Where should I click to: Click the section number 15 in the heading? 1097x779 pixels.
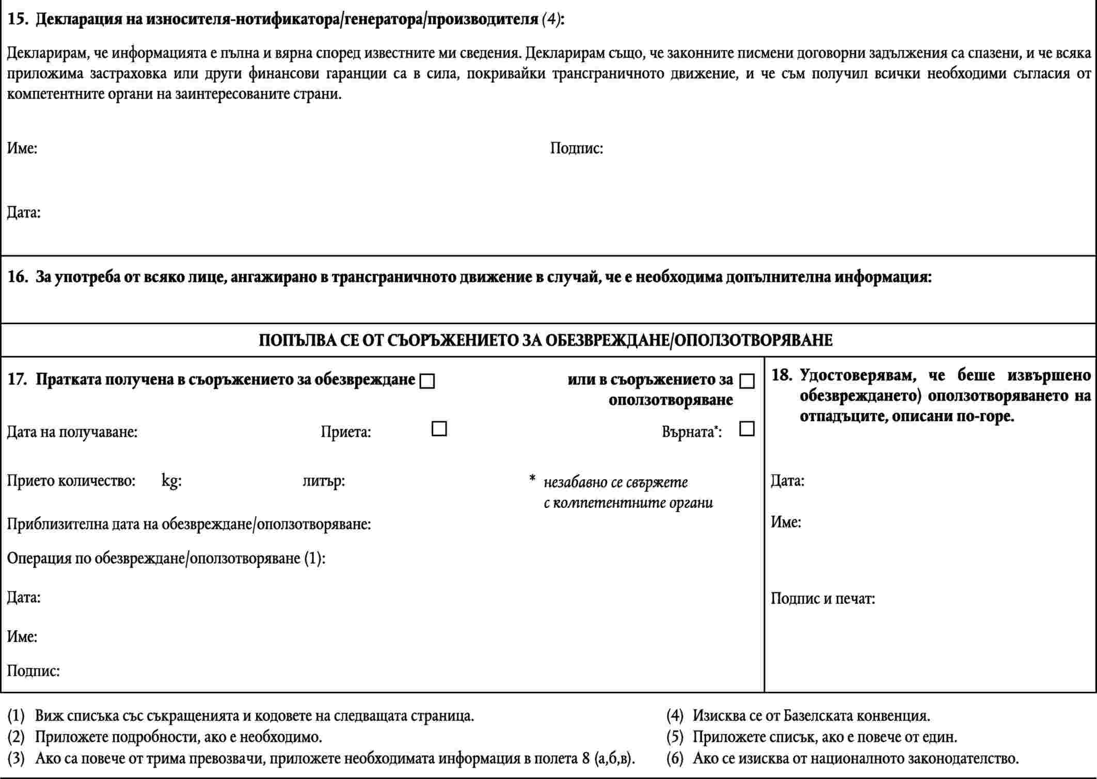(17, 20)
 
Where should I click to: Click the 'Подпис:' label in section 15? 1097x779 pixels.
(576, 149)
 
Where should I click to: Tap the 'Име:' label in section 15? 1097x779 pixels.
(22, 149)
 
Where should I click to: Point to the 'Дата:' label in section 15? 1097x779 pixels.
(24, 212)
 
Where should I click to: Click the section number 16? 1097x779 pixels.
(17, 277)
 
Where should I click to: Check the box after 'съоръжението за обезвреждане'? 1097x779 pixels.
(427, 381)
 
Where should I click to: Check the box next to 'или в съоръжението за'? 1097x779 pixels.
(747, 381)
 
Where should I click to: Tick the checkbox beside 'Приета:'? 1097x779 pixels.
(439, 429)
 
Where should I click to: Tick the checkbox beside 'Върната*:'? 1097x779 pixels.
(747, 429)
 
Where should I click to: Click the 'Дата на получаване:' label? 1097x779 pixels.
(72, 432)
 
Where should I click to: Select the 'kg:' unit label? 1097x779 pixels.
(171, 481)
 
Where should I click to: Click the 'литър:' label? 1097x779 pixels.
(324, 481)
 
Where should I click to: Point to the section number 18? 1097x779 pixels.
(781, 375)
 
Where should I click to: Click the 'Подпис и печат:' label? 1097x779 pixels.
(823, 599)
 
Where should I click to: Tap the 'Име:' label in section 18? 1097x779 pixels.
(786, 522)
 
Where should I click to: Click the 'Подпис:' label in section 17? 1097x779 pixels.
(33, 671)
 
